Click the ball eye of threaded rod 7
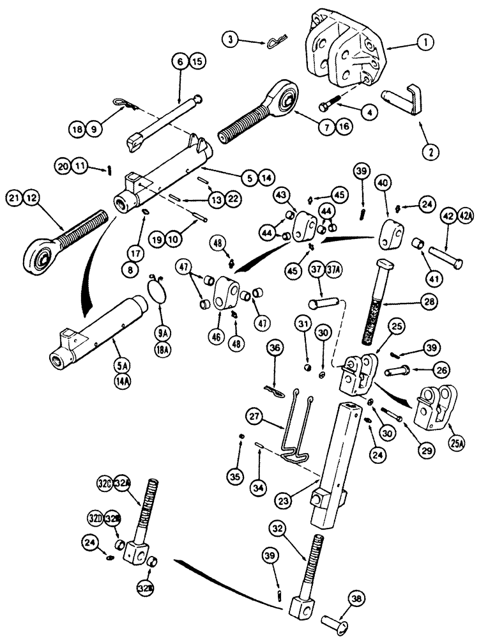282,95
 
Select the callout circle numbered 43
283,194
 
